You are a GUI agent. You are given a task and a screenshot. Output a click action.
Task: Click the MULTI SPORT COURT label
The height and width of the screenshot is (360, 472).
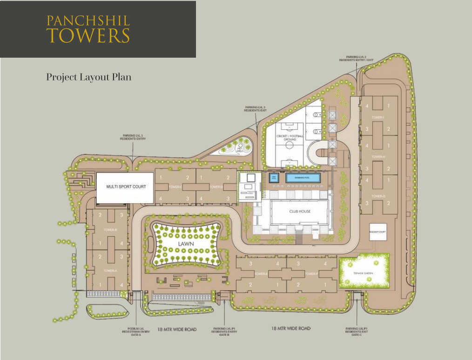coord(126,187)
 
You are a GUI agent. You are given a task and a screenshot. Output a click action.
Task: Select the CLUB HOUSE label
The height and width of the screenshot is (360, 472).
coord(299,212)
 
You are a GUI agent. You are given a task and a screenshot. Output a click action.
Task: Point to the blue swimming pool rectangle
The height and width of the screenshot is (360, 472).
coord(303,178)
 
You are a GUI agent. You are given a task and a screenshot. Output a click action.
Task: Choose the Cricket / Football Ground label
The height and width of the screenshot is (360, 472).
coord(290,137)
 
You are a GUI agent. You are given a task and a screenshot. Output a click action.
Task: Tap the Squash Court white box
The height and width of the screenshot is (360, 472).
coord(378,231)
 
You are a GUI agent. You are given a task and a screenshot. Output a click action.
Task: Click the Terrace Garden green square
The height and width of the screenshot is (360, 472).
coord(364,271)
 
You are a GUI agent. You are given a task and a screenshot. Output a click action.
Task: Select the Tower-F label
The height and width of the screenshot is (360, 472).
coord(311,274)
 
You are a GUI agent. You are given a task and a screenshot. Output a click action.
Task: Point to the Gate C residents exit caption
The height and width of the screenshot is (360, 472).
coord(357,332)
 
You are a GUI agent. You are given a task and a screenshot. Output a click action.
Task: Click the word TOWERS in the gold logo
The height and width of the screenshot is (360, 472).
coord(88,36)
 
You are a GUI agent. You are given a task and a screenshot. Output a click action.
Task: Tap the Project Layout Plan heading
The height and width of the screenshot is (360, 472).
coord(88,77)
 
